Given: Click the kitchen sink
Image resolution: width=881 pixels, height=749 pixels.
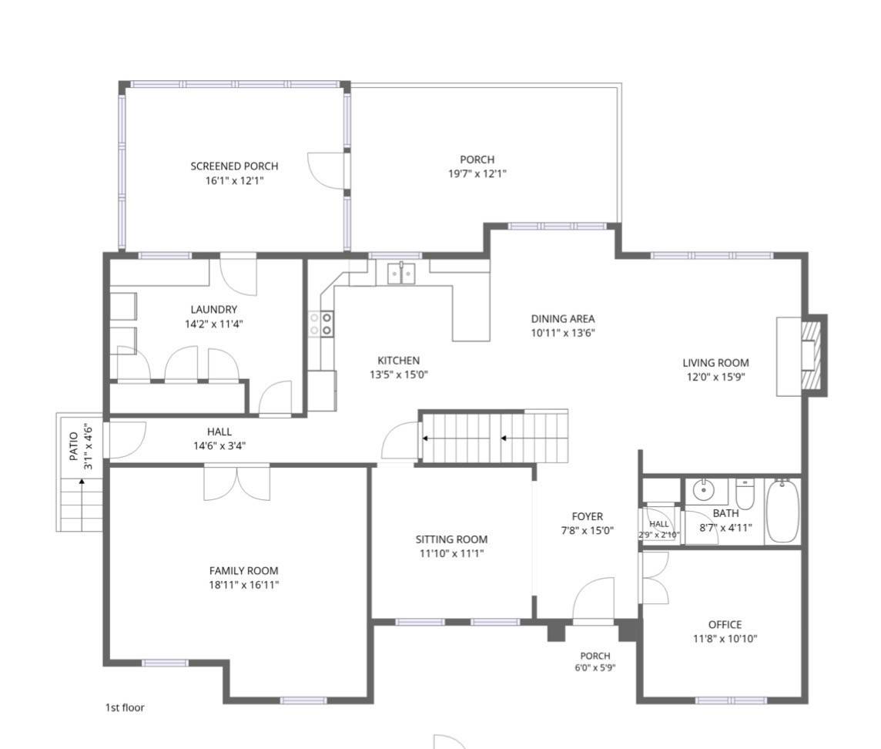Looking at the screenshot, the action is point(401,274).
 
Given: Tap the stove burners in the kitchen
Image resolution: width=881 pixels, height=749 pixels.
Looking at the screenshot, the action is point(320,324).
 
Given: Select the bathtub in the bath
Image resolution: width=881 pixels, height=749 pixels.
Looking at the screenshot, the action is point(782,511).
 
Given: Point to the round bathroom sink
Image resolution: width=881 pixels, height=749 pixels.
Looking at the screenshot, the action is point(702,490).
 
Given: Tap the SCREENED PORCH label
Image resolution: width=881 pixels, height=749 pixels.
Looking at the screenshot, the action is point(234,166).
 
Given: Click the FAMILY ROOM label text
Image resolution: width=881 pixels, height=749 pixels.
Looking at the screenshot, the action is point(244,571).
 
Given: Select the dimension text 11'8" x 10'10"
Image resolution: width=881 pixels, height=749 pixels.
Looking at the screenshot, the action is point(725,639).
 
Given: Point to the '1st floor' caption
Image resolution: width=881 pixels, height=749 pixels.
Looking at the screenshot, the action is point(125,708).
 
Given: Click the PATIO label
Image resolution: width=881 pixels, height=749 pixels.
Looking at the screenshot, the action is point(74,446).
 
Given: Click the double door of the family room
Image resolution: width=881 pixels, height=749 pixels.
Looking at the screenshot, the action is point(237,483).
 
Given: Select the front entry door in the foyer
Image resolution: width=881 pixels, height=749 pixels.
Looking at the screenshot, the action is point(593,600).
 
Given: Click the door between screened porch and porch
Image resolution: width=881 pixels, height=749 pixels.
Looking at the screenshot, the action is point(327,170).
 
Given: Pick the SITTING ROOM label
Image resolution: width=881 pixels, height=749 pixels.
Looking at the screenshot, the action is point(452,539).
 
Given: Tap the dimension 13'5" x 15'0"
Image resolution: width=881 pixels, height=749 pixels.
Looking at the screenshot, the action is point(399,374).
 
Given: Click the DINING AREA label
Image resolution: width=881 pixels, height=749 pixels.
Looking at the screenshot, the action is point(563,319).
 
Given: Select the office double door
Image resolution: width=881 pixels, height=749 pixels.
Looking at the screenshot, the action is point(655,578).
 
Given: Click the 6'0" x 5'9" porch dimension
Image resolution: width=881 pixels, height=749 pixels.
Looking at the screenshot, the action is point(595,669).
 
